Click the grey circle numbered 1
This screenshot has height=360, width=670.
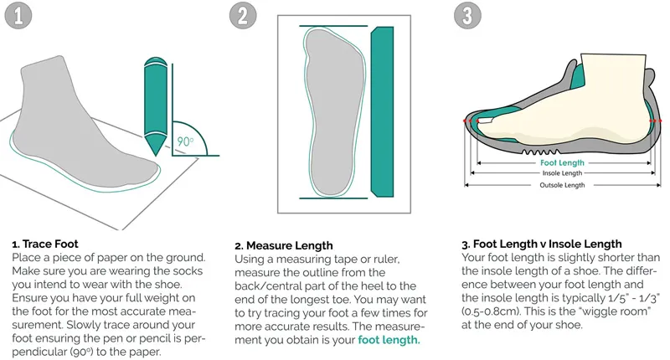tap(18, 15)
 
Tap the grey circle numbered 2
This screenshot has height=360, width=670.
tap(243, 15)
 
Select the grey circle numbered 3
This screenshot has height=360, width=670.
tap(467, 15)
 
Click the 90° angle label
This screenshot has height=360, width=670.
tap(185, 141)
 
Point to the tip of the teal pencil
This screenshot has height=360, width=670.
tap(155, 156)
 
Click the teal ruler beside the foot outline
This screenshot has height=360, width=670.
tap(382, 112)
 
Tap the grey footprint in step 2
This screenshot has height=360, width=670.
tap(336, 112)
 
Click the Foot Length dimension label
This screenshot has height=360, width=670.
tap(562, 162)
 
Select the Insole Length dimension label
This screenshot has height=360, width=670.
tap(562, 173)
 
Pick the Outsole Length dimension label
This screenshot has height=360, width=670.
tap(562, 185)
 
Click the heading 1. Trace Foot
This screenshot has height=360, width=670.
tap(45, 244)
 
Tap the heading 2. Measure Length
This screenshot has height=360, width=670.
tap(284, 245)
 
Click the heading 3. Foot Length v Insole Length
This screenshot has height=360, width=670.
tap(541, 244)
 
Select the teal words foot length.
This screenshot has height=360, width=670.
tap(389, 340)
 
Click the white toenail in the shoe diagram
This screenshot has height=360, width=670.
tap(484, 121)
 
